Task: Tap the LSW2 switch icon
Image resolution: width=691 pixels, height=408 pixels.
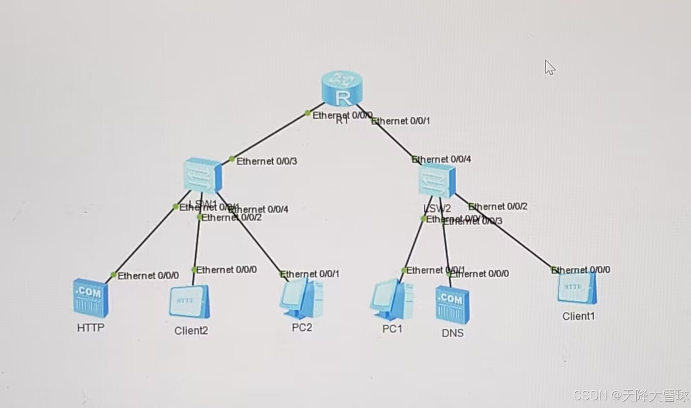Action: [x=437, y=180]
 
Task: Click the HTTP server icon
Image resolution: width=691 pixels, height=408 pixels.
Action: [x=91, y=298]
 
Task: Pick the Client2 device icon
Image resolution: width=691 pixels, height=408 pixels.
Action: [x=189, y=301]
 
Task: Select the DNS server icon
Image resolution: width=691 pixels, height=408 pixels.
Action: [x=452, y=304]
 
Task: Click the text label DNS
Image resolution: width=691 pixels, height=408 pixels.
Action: [x=452, y=333]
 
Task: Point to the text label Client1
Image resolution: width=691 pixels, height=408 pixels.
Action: [x=578, y=316]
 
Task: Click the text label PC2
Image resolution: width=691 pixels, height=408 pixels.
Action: [x=302, y=328]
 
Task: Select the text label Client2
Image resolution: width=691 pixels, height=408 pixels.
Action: [x=191, y=331]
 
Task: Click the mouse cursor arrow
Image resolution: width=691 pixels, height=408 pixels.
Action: [x=549, y=67]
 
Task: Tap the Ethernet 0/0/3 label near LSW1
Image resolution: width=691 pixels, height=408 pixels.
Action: [x=266, y=161]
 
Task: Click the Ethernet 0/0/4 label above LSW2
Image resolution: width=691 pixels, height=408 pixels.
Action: [x=442, y=159]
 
